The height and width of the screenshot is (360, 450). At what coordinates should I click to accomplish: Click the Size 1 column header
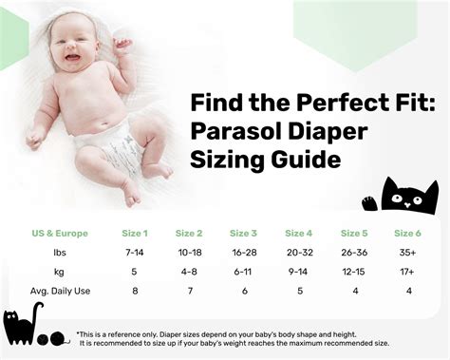(134, 233)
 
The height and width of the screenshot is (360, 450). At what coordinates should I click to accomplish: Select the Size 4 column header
(298, 233)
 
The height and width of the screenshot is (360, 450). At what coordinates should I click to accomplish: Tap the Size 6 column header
(408, 233)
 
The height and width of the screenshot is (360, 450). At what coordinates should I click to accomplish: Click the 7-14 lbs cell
(134, 253)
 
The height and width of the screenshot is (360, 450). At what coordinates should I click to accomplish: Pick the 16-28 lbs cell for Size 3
(243, 253)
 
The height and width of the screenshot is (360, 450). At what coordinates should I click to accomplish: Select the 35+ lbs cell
(408, 253)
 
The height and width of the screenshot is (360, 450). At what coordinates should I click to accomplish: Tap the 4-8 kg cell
(189, 272)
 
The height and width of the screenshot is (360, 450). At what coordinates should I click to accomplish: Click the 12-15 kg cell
(353, 272)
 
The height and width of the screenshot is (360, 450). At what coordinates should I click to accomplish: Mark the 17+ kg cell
(408, 272)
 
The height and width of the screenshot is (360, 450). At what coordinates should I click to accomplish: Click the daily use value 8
(134, 292)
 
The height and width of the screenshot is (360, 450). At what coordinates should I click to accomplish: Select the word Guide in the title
(304, 159)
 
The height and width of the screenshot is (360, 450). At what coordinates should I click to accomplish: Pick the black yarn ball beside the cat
(58, 337)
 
